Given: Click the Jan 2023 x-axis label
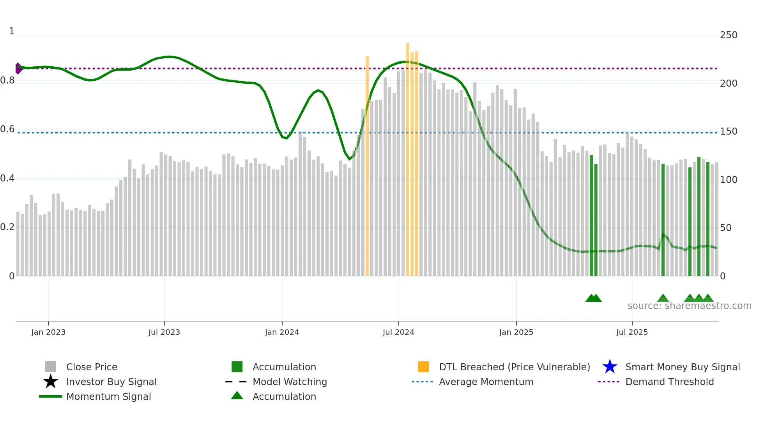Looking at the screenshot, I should coord(48,332).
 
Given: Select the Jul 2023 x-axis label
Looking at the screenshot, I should coord(164,332).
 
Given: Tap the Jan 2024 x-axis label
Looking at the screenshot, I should coord(282,332).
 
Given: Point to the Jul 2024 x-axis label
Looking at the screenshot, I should coord(398,332).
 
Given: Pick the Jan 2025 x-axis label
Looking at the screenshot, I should coord(516,332).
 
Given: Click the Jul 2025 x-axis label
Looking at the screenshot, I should coord(632,332).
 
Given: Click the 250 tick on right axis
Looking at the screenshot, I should coord(729,35).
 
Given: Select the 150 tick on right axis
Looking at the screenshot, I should coord(729,131).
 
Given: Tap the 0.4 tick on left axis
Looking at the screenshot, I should coord(7,179).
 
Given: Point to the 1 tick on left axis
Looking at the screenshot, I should coord(12,31).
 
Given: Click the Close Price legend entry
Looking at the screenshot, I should coord(92,367).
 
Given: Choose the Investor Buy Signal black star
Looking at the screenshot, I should coord(51,382).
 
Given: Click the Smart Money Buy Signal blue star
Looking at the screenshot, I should coord(610,367).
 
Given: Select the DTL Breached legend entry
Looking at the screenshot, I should coord(514,367).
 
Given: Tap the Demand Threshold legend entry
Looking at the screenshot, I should coord(669,382).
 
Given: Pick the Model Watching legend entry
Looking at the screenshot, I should coord(290,382).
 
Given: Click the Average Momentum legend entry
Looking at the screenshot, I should coord(486,382).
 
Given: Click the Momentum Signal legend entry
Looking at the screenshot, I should coord(108,397).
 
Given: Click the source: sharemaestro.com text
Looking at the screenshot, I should coord(689,306).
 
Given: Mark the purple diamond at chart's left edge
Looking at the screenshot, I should coord(18,68).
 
